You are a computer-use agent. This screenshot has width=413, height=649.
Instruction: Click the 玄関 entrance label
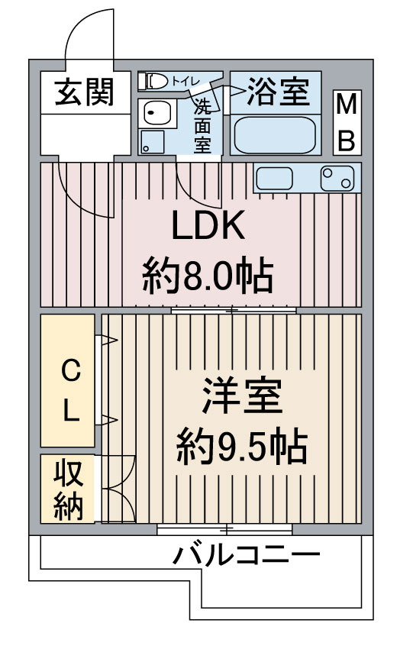point(85,92)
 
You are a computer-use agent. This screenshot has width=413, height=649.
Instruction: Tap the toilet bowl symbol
point(153,81)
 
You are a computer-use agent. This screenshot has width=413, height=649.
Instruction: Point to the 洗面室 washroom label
point(202,126)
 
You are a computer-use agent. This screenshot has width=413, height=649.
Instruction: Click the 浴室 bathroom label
point(278,91)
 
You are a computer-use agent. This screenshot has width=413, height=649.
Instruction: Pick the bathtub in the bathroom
point(275,135)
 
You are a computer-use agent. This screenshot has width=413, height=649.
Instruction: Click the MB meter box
point(347,122)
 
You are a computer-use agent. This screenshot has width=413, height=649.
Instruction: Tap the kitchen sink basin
point(274,179)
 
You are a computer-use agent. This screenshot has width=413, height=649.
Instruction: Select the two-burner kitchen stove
point(337,179)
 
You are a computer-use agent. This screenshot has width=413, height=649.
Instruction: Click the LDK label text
point(208,225)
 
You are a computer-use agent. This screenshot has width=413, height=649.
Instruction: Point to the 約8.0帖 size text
point(208,275)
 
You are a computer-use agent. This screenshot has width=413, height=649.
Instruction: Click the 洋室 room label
point(242,396)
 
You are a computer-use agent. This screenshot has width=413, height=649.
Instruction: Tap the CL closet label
point(71,390)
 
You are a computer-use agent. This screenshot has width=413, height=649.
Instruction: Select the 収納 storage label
point(69,489)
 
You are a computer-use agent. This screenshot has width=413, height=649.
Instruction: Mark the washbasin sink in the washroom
point(156,111)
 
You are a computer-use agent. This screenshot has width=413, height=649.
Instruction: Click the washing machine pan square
point(152,142)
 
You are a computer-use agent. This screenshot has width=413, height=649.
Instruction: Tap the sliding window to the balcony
point(224,529)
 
